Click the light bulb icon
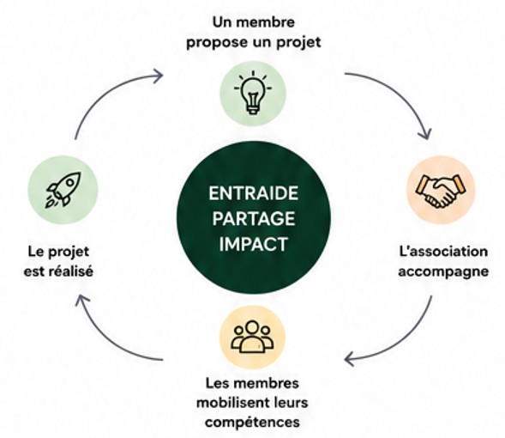[x=253, y=93]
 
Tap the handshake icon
[x=440, y=191]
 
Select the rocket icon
[x=63, y=190]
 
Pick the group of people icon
[x=252, y=337]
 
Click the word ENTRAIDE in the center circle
[x=254, y=193]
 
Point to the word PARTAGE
[x=254, y=219]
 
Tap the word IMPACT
[x=254, y=244]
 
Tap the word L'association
[x=443, y=252]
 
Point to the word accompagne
[x=443, y=271]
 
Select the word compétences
[x=252, y=423]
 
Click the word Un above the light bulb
[x=222, y=22]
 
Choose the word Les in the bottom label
[x=216, y=383]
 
